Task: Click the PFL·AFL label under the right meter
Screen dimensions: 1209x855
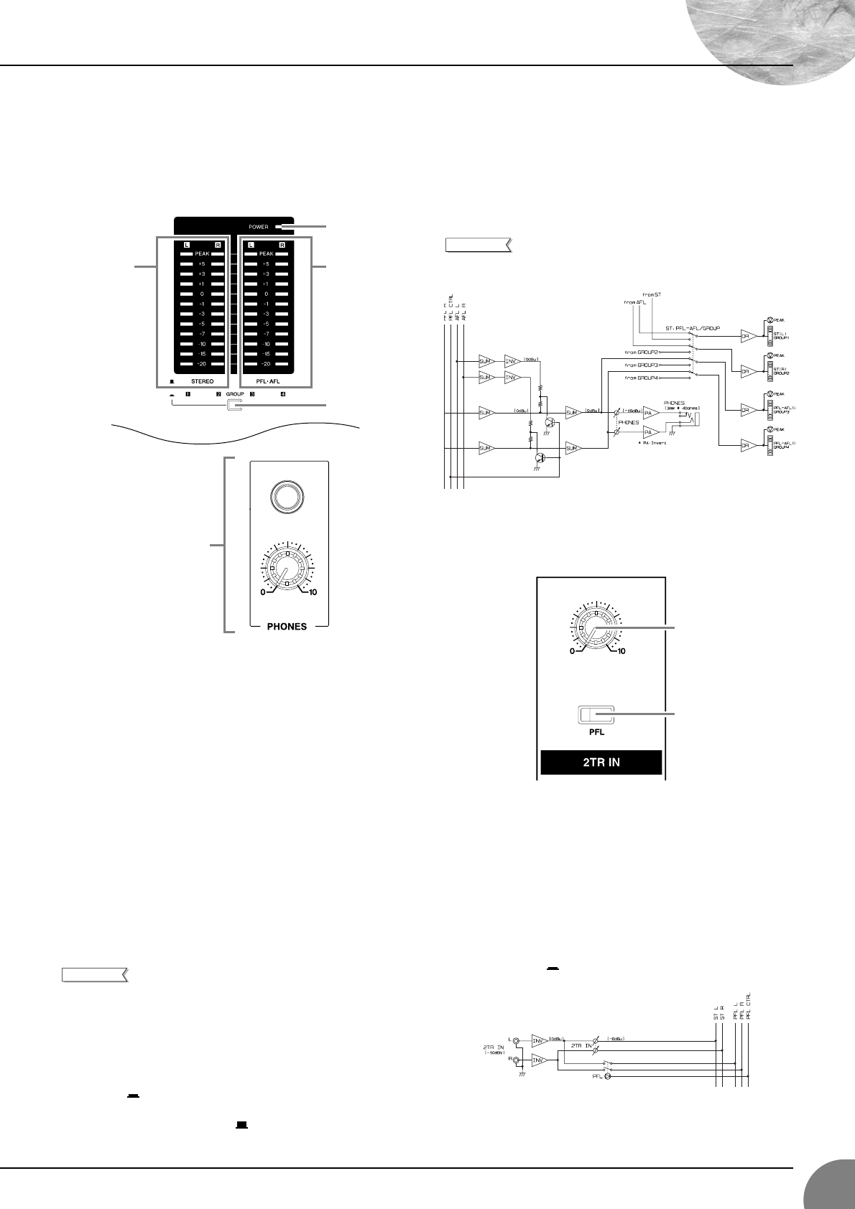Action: (267, 382)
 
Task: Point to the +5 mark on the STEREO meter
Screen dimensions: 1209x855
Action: (203, 264)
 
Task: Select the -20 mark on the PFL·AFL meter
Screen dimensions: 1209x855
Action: (267, 364)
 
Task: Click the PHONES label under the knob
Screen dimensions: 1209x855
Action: (287, 626)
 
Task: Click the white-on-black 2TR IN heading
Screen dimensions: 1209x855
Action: (601, 762)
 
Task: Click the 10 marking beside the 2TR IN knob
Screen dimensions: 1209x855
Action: (621, 651)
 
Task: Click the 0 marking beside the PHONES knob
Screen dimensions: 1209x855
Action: (263, 592)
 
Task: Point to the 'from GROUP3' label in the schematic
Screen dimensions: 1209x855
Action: (642, 365)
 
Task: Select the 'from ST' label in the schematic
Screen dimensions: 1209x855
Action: (652, 294)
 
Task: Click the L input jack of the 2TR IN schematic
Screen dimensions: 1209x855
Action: (516, 1038)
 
